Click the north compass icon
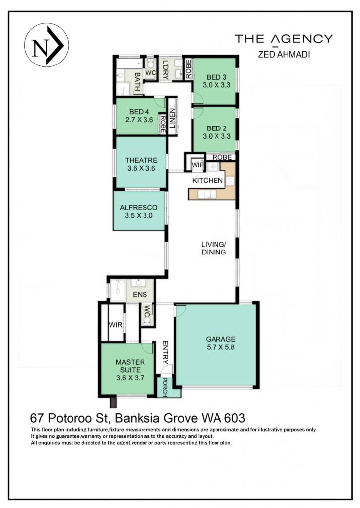pyautogui.click(x=46, y=45)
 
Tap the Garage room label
pyautogui.click(x=220, y=343)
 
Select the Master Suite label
pyautogui.click(x=131, y=370)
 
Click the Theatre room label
pyautogui.click(x=141, y=164)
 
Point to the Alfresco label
pyautogui.click(x=139, y=211)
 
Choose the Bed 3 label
pyautogui.click(x=216, y=81)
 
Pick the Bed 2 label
pyautogui.click(x=216, y=132)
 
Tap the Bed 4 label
pyautogui.click(x=139, y=116)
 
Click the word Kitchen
pyautogui.click(x=208, y=181)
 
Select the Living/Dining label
pyautogui.click(x=214, y=248)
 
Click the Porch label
pyautogui.click(x=165, y=387)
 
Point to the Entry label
pyautogui.click(x=165, y=352)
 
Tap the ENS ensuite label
pyautogui.click(x=140, y=295)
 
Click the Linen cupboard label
pyautogui.click(x=172, y=118)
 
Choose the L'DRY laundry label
pyautogui.click(x=165, y=69)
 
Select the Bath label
pyautogui.click(x=137, y=82)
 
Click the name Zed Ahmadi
pyautogui.click(x=284, y=54)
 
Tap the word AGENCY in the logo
pyautogui.click(x=301, y=39)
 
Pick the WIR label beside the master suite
pyautogui.click(x=116, y=325)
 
